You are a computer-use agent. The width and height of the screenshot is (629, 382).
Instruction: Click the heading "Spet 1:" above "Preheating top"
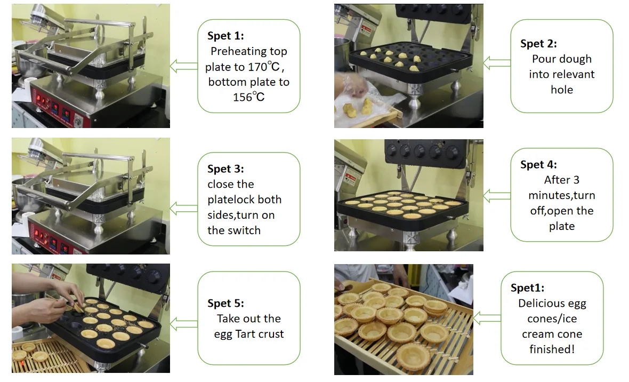click(x=225, y=36)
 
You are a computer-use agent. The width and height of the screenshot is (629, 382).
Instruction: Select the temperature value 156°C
click(x=249, y=97)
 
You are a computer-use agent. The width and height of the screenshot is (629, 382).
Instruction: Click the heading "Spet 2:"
click(x=538, y=43)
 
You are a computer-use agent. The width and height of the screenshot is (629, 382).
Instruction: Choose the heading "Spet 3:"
click(x=225, y=169)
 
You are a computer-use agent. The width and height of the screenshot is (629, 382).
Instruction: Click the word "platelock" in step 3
click(x=231, y=200)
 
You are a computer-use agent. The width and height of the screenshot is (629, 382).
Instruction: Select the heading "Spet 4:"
click(x=538, y=164)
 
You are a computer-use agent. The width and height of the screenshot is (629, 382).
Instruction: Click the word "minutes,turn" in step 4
click(x=562, y=196)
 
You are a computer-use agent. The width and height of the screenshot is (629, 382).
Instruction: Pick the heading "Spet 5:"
click(x=225, y=303)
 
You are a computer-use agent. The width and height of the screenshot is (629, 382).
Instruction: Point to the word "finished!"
click(x=552, y=349)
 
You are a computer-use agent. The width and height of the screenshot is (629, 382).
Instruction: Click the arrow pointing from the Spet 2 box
click(x=497, y=63)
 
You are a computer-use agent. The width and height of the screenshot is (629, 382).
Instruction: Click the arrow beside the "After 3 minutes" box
click(x=497, y=196)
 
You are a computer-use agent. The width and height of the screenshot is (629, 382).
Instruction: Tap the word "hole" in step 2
click(x=562, y=90)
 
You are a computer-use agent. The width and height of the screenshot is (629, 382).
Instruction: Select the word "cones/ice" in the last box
click(x=552, y=319)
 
